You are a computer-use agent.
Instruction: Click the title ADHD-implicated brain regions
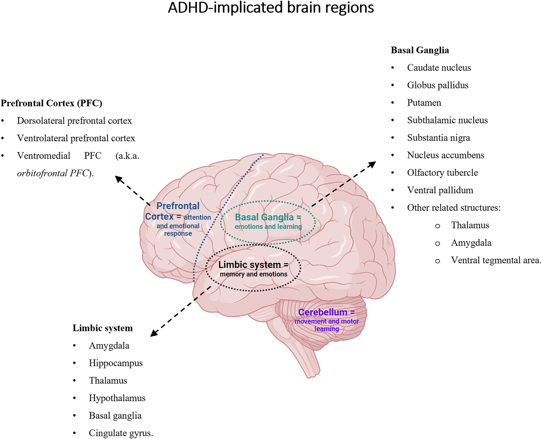271,8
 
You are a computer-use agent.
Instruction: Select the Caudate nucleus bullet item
439,68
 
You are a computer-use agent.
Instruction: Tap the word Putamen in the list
424,103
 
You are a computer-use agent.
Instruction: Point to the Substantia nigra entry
438,138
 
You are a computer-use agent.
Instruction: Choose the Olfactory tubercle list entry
442,173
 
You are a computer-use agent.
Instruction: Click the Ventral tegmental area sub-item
496,260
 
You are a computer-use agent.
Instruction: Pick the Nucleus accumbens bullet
445,155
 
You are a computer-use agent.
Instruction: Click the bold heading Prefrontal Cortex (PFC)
51,103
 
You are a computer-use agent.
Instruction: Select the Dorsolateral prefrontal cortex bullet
74,121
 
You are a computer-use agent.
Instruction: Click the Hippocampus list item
116,363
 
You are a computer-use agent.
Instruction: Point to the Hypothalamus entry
117,398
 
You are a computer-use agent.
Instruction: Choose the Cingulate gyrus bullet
121,433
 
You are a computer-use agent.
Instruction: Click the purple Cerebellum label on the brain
323,312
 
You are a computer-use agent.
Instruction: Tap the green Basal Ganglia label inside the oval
264,217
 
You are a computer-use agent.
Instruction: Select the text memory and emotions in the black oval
253,274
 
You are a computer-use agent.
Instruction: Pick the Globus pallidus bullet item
438,85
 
